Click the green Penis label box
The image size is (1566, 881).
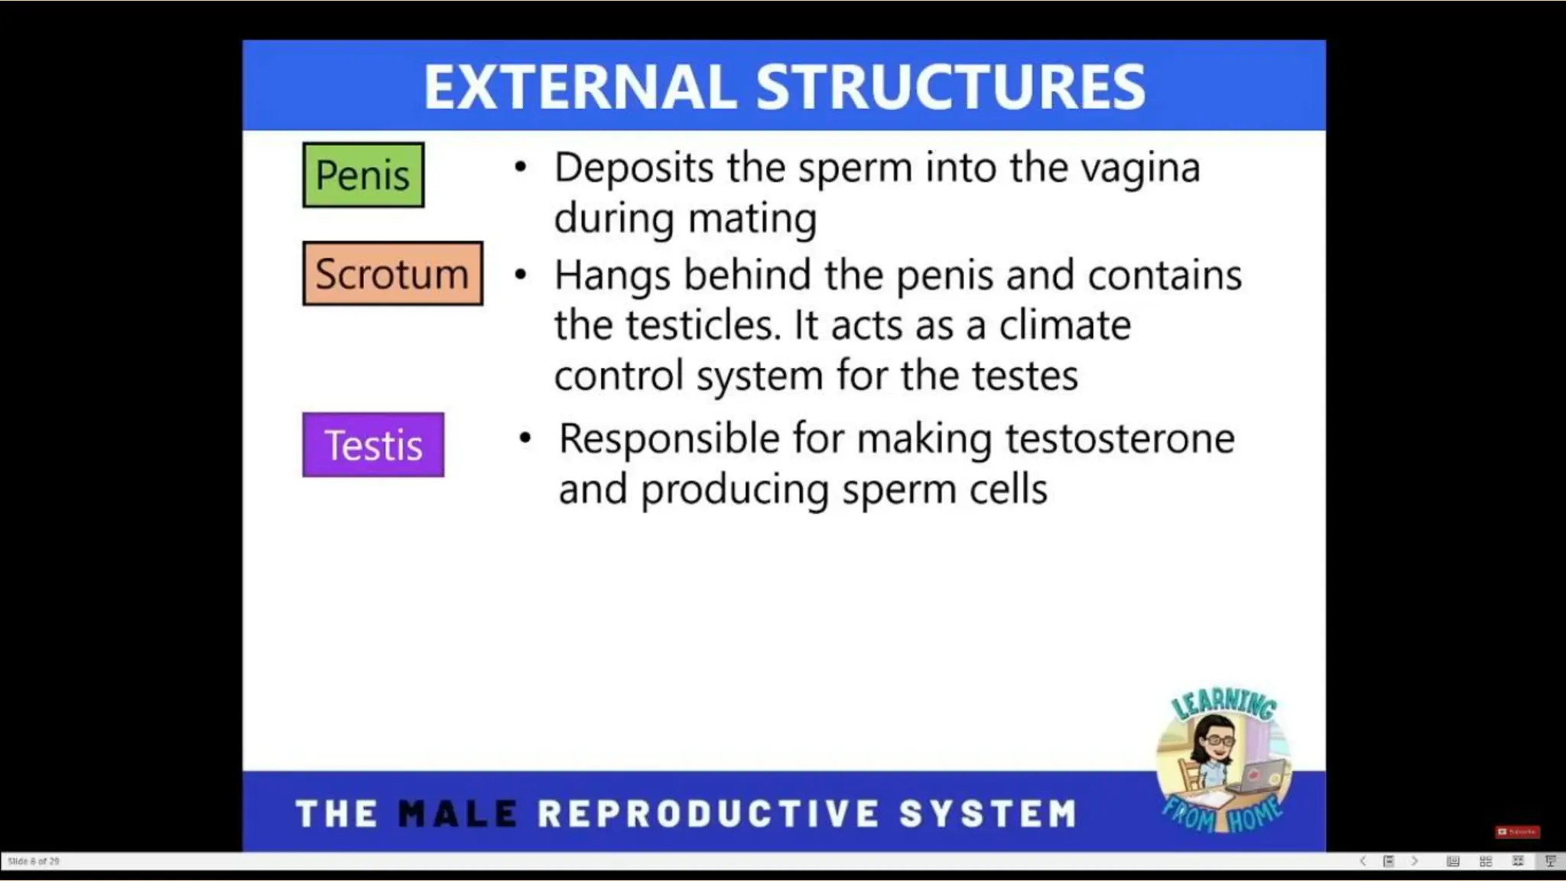[363, 175]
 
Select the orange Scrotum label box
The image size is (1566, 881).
[392, 274]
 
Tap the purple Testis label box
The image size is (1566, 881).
[373, 445]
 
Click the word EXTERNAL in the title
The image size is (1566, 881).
[580, 87]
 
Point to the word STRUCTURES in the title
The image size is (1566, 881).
[950, 87]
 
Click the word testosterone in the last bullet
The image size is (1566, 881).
[1119, 439]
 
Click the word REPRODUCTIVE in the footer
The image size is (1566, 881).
[708, 814]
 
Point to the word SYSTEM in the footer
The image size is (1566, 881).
[988, 814]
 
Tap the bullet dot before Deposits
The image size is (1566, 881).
[521, 167]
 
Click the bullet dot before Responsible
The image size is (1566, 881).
[525, 439]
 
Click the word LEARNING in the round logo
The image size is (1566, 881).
[1223, 703]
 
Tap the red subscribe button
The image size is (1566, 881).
[1517, 831]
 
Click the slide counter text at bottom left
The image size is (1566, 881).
[33, 861]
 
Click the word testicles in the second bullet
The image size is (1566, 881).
[702, 325]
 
